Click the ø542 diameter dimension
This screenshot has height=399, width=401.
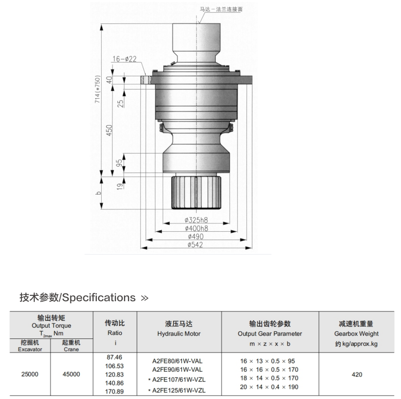tap(196, 245)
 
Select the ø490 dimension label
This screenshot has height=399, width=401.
tap(196, 237)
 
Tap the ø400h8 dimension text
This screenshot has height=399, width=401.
tap(196, 228)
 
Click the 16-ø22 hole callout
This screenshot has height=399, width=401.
tap(124, 59)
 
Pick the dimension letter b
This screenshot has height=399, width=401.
tap(98, 193)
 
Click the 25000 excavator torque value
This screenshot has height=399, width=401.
tap(30, 375)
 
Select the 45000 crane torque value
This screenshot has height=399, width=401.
tap(71, 375)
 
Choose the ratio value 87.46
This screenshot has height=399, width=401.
tap(114, 357)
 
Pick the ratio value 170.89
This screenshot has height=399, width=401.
tap(114, 392)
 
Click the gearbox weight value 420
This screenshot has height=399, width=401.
tap(357, 375)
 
